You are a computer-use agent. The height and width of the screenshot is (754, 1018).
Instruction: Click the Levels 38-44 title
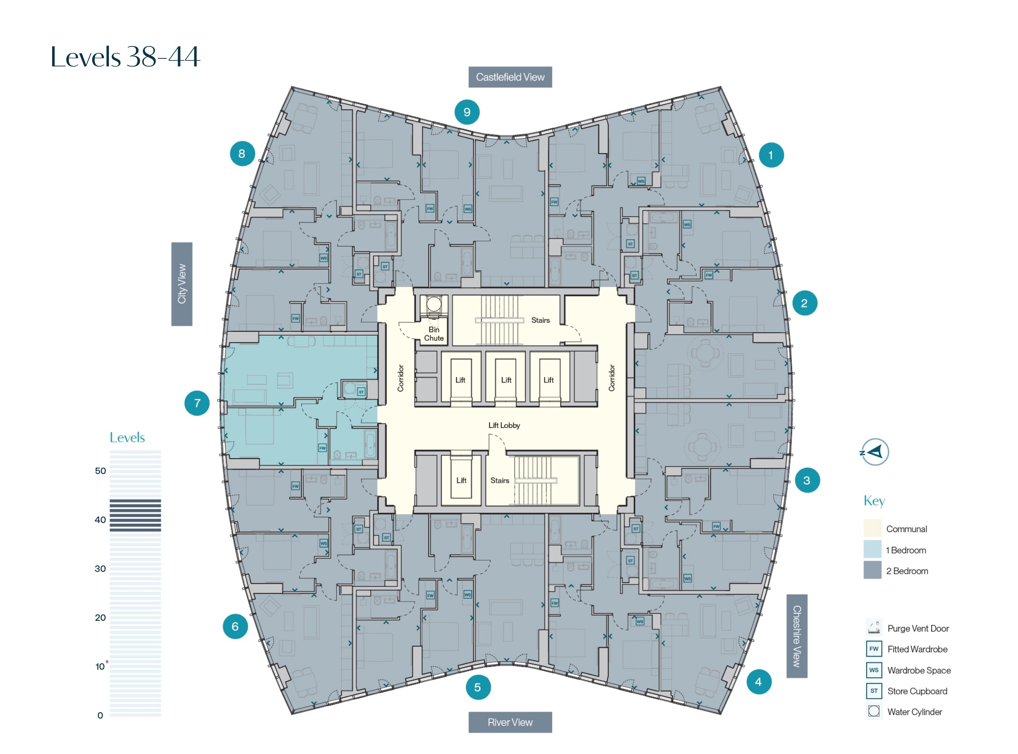pos(125,57)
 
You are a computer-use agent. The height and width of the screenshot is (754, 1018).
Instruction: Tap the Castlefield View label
pos(510,77)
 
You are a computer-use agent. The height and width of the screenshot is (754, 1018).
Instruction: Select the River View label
pos(510,722)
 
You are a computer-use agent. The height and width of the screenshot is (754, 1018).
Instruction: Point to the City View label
pos(182,284)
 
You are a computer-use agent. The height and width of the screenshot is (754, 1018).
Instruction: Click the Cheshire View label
pos(796,636)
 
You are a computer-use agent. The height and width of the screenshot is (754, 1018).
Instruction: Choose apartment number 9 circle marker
pos(466,112)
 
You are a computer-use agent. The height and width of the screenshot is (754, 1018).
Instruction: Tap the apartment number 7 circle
pos(197,403)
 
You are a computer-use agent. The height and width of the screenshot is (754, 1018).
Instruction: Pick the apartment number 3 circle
pos(806,480)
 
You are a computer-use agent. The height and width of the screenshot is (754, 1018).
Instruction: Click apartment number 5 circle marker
pos(478,687)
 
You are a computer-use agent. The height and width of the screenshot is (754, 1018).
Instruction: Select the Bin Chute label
pos(433,334)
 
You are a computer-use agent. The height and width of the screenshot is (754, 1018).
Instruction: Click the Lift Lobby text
pos(504,425)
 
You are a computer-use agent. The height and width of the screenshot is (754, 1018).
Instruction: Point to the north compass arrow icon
pos(874,452)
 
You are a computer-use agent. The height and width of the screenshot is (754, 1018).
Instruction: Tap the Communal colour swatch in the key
pos(872,529)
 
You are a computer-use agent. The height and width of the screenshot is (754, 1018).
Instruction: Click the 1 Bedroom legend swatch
pos(872,550)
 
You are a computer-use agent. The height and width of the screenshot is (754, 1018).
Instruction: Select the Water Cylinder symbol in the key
pos(873,711)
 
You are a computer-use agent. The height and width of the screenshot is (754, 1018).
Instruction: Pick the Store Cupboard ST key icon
pos(873,690)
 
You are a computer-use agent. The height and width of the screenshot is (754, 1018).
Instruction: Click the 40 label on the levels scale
pos(100,519)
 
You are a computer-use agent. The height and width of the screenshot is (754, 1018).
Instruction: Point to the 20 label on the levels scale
pos(100,618)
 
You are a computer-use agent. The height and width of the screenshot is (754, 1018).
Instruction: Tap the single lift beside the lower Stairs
pos(461,480)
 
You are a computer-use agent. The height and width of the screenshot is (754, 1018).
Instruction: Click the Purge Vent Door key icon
pos(873,628)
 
